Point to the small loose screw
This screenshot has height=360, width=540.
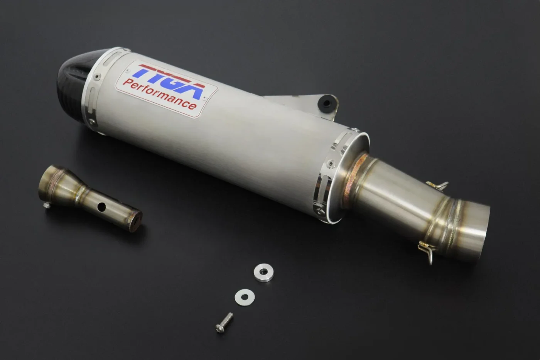(224, 323)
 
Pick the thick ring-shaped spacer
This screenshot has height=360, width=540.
(263, 272)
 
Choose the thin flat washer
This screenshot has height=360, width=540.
(245, 297)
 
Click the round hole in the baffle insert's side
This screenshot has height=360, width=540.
(101, 207)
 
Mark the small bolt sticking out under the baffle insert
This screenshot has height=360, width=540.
(47, 205)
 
